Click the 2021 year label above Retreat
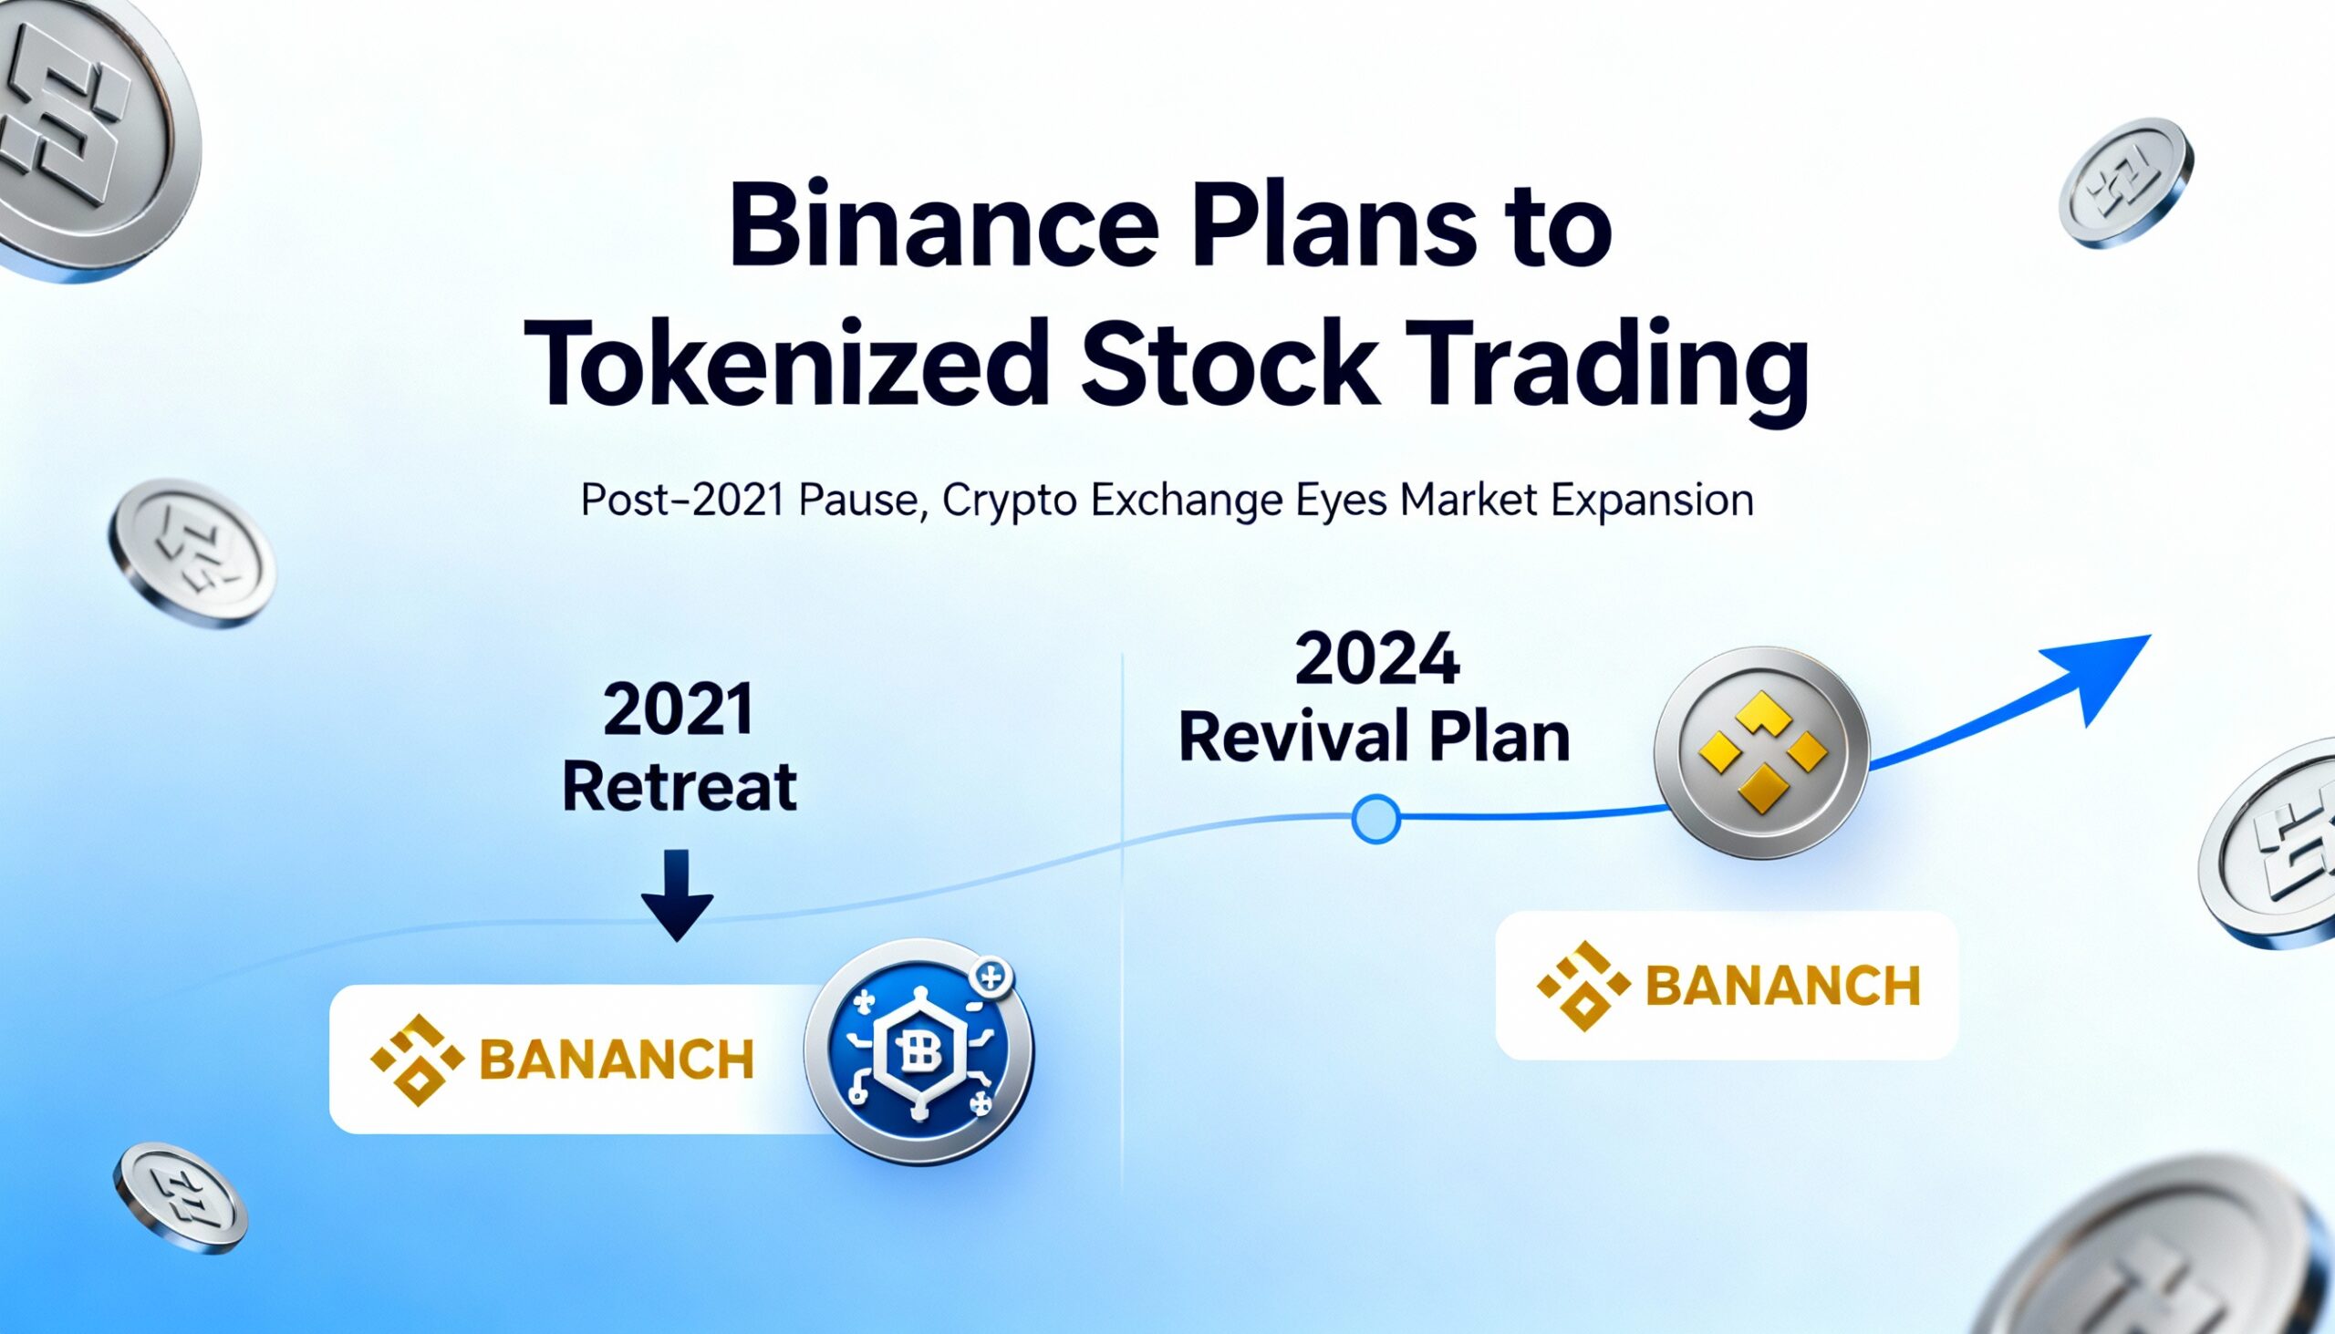[678, 710]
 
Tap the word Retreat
[678, 788]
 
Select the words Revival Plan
[1374, 738]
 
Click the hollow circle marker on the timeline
[1375, 818]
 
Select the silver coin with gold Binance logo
[1760, 752]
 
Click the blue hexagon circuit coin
[918, 1052]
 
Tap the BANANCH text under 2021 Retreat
[616, 1060]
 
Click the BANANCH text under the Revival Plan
[1781, 986]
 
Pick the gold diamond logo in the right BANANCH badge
[1583, 986]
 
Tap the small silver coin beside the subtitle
[192, 553]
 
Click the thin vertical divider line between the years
[1123, 916]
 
